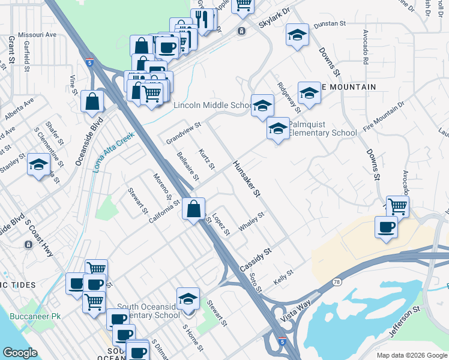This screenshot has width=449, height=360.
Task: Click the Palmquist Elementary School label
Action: coord(322,128)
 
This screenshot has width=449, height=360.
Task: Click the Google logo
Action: coord(20,353)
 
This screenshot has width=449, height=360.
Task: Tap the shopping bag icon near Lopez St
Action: coord(194,210)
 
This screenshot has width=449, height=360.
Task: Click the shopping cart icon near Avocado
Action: coord(397,206)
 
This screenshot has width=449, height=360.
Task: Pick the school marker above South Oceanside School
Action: coord(188,299)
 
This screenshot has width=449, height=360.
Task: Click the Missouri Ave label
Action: coord(37,35)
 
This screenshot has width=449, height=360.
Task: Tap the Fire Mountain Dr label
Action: coord(384,112)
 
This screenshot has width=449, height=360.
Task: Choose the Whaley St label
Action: coord(252,221)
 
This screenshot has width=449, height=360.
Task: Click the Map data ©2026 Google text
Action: coord(412,355)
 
